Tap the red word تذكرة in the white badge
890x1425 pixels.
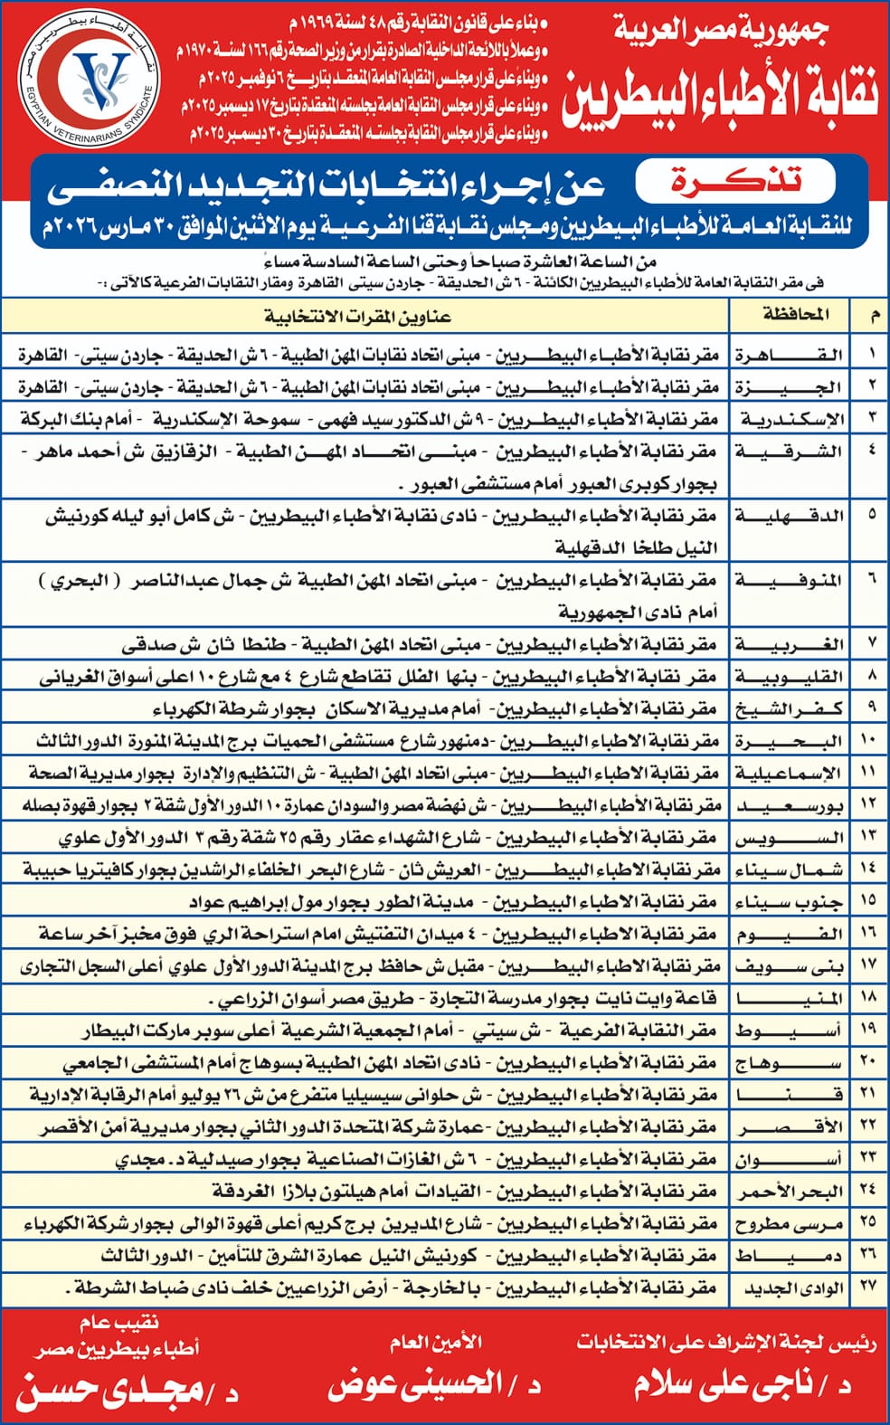pyautogui.click(x=734, y=179)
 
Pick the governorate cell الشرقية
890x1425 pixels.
pyautogui.click(x=790, y=451)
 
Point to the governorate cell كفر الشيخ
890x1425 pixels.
pyautogui.click(x=790, y=709)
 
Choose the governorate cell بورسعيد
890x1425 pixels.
pyautogui.click(x=790, y=805)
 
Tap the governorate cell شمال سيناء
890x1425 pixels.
pyautogui.click(x=790, y=869)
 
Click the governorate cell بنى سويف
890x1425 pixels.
pyautogui.click(x=790, y=966)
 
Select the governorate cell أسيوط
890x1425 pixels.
pyautogui.click(x=790, y=1031)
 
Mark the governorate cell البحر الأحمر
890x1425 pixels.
pyautogui.click(x=790, y=1192)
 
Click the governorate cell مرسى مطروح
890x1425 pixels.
pyautogui.click(x=790, y=1224)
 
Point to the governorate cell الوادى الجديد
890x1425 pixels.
pyautogui.click(x=790, y=1288)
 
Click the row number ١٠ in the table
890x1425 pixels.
pyautogui.click(x=869, y=740)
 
